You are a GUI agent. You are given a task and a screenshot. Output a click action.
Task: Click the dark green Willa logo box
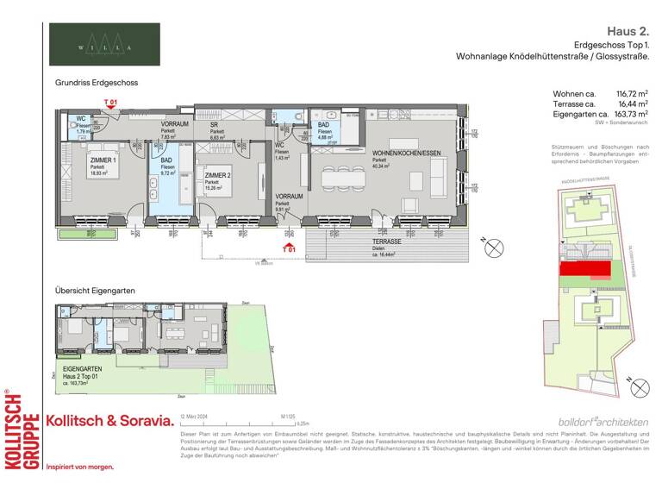[x=104, y=45]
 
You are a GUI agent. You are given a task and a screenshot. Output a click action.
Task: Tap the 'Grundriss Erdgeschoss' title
[x=96, y=83]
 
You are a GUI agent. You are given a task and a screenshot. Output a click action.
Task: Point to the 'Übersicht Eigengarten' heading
[x=95, y=292]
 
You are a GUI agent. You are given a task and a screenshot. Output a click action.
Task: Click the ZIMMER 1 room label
[x=103, y=161]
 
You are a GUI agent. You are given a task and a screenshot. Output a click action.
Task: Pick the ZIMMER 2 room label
[x=216, y=175]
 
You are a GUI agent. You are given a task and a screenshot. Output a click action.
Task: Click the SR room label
[x=215, y=125]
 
